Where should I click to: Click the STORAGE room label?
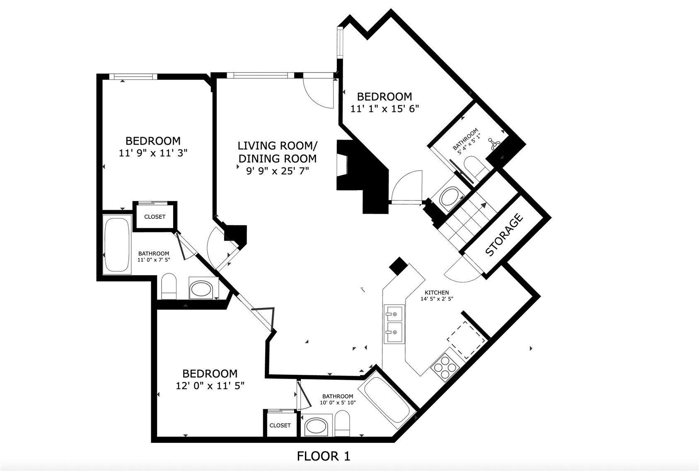coord(504,234)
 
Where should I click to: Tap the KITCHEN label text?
coord(437,292)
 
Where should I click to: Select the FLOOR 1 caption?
coord(324,457)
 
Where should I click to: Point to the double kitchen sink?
coord(394,324)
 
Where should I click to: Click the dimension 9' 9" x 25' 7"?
coord(278,171)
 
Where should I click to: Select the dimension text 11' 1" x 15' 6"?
coord(385,109)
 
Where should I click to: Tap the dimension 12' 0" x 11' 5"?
coord(210,386)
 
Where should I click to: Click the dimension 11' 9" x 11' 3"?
coord(153,153)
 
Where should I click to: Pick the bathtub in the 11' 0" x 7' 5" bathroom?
coord(117,244)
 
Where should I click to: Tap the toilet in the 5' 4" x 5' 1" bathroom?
coord(476,167)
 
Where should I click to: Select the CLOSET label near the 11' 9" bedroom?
coord(155,217)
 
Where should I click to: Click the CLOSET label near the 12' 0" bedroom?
coord(280,425)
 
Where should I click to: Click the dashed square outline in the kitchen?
coord(467,341)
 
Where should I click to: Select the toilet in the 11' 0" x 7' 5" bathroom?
coord(169,286)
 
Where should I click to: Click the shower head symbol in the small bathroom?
coord(493,143)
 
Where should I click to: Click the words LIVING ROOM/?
coord(278,146)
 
